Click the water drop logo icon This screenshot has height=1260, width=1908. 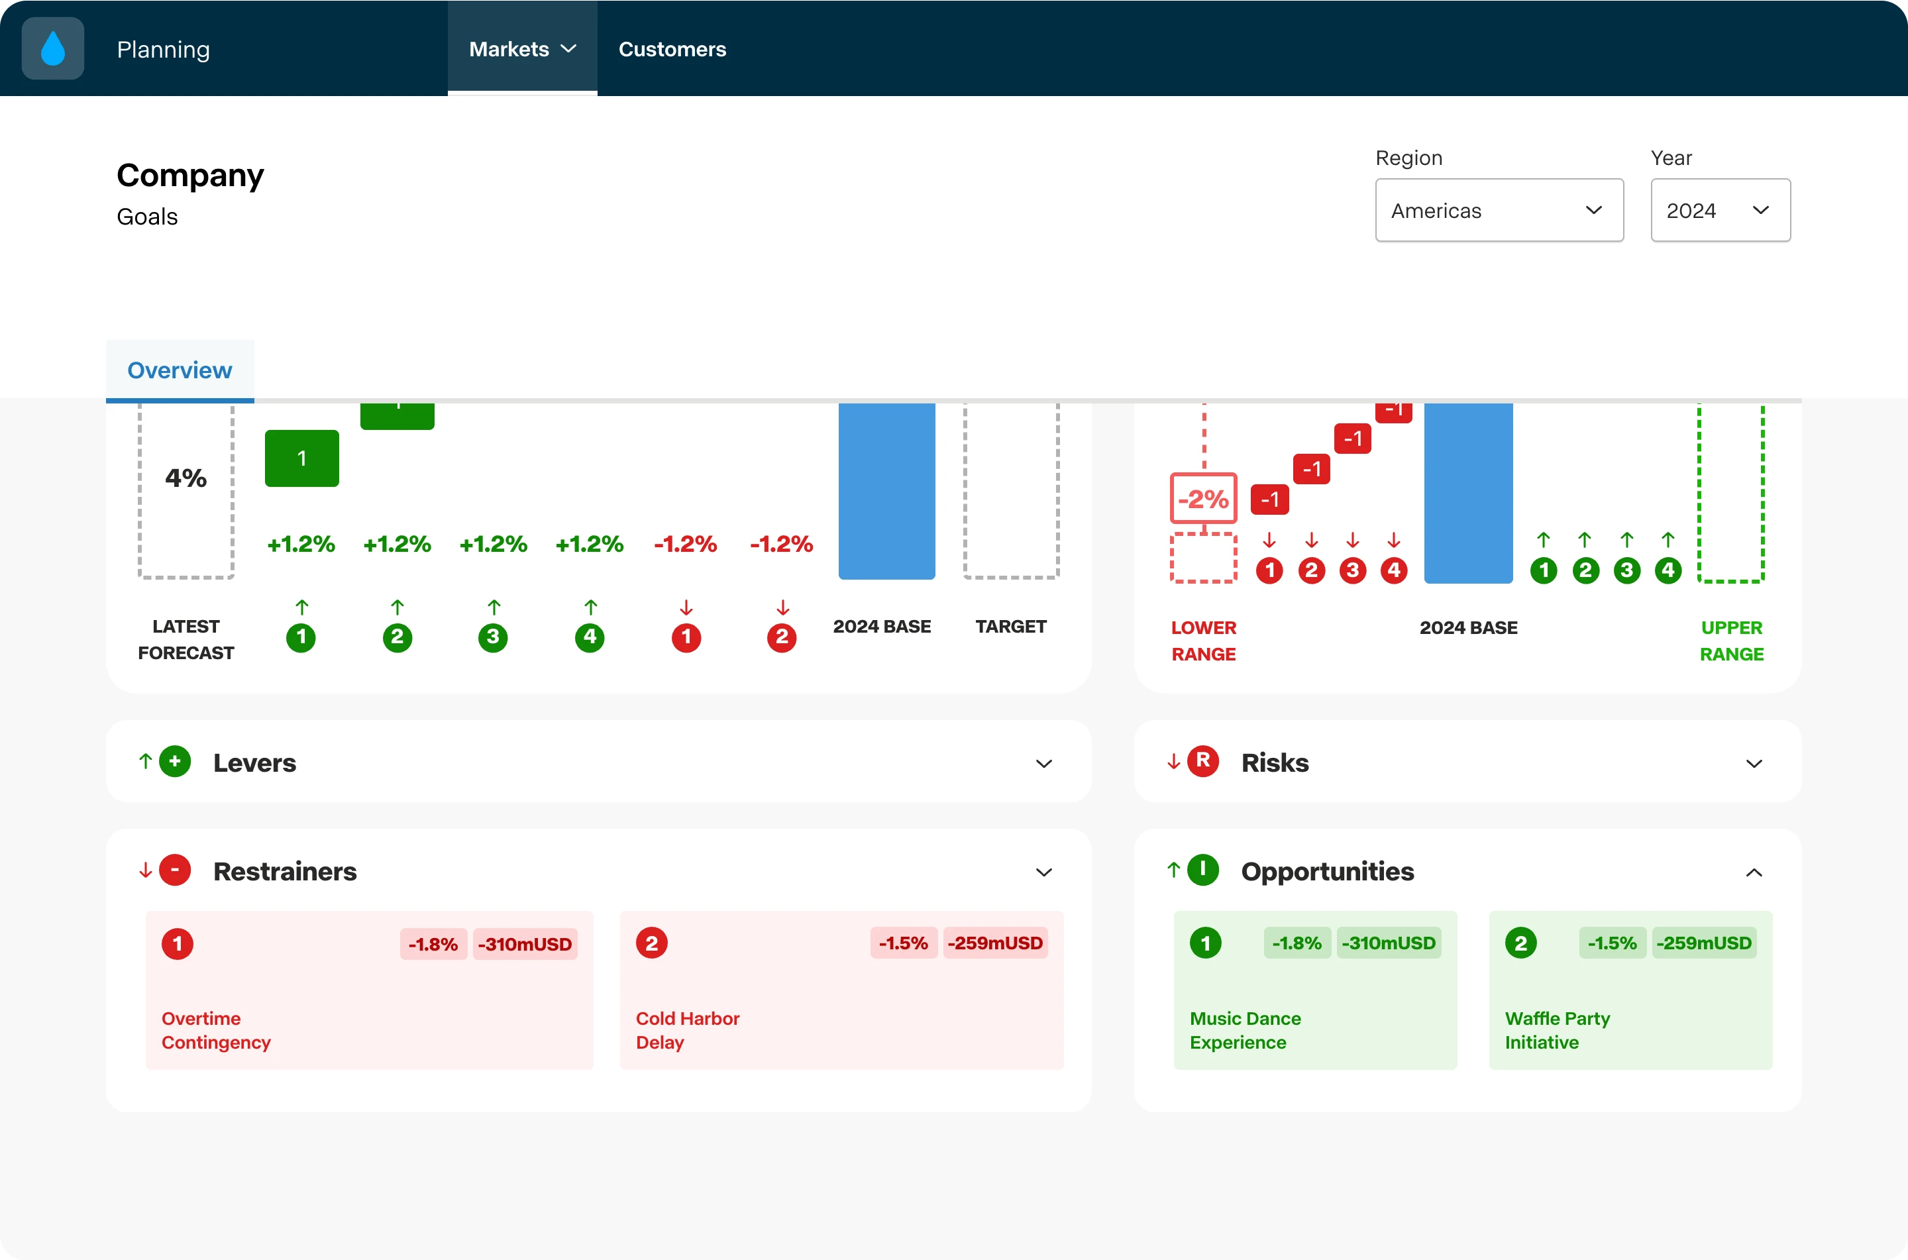53,48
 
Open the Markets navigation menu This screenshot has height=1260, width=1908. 522,49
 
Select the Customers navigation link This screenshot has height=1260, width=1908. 672,49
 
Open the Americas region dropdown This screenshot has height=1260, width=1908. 1499,210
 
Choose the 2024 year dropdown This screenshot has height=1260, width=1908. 1720,210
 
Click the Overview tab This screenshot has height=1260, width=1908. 180,370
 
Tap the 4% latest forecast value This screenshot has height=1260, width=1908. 185,478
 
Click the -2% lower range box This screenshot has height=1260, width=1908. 1204,498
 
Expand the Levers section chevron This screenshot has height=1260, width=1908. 1043,763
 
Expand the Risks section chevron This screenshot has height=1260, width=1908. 1754,763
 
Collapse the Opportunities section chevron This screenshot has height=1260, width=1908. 1754,872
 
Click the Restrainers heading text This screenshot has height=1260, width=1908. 285,871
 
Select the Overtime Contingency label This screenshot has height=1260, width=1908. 216,1030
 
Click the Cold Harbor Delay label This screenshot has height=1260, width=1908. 688,1030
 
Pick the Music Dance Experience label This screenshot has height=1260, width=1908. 1245,1030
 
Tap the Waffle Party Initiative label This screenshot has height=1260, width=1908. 1557,1030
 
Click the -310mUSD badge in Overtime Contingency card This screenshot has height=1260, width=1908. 525,944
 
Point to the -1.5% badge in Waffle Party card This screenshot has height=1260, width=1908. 1612,943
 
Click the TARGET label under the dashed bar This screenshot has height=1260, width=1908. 1010,626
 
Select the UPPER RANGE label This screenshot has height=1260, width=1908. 1731,641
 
